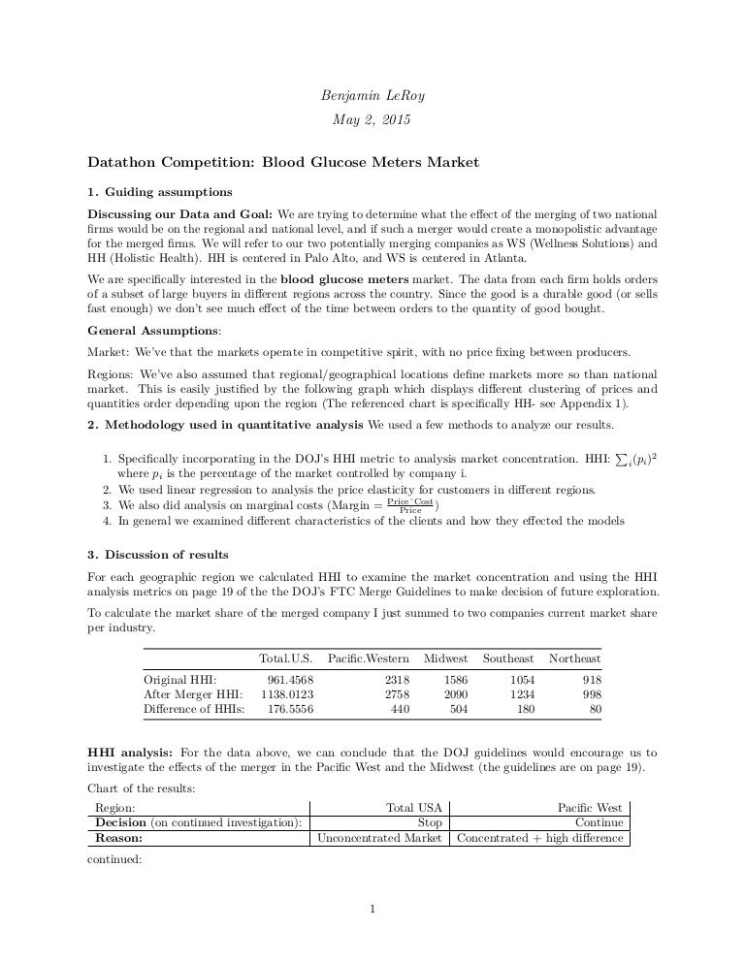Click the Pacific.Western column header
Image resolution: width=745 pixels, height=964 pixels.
pos(369,659)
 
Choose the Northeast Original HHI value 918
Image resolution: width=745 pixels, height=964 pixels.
pos(590,680)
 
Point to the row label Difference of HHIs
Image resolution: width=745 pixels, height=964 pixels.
pos(193,709)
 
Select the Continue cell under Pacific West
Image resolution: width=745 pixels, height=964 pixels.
pos(599,822)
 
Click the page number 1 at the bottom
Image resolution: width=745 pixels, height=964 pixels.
pos(372,909)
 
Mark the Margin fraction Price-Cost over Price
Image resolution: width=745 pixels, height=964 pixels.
pos(410,505)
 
